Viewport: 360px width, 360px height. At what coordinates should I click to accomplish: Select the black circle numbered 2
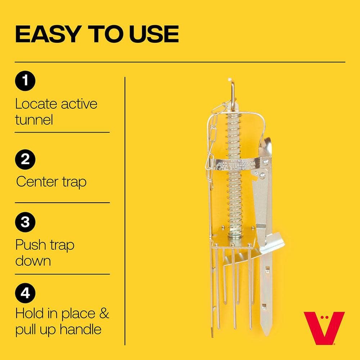coord(25,159)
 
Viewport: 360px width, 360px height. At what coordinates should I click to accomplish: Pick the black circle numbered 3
coord(25,222)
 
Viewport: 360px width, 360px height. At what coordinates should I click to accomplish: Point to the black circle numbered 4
coord(25,293)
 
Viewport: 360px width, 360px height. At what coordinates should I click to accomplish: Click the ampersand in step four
coord(104,313)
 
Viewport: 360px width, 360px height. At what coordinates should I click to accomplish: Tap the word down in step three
coord(33,261)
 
